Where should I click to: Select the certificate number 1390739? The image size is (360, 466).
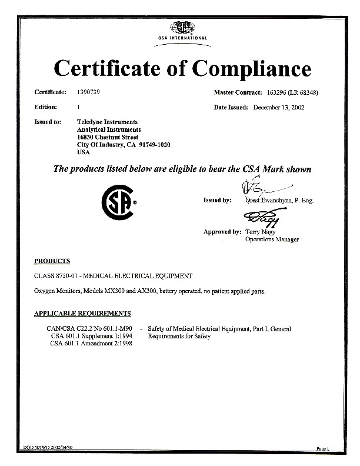pyautogui.click(x=89, y=93)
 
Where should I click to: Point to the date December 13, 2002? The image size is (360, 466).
pyautogui.click(x=278, y=108)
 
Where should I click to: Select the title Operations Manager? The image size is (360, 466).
pyautogui.click(x=272, y=239)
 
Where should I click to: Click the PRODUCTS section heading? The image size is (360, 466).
pyautogui.click(x=52, y=260)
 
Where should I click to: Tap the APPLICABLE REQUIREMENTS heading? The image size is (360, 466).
pyautogui.click(x=82, y=314)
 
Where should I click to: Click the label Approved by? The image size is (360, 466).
pyautogui.click(x=222, y=232)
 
